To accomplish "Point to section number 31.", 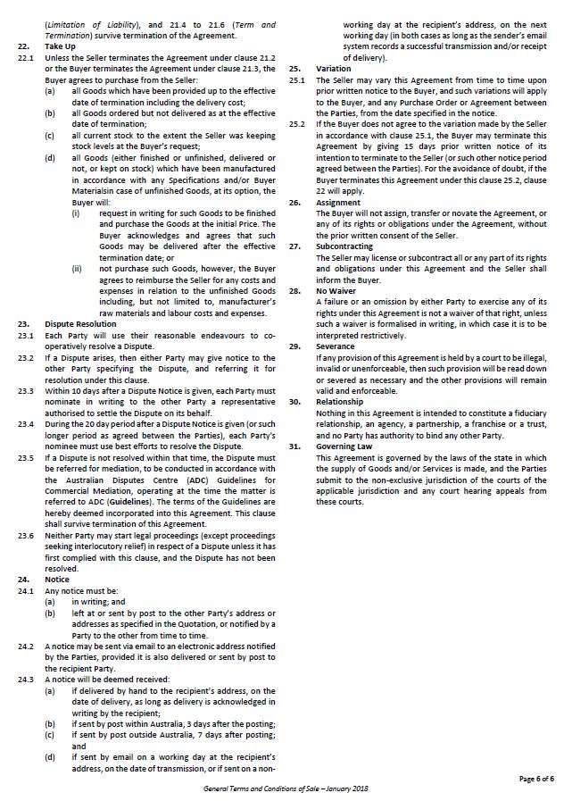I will (x=294, y=444).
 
